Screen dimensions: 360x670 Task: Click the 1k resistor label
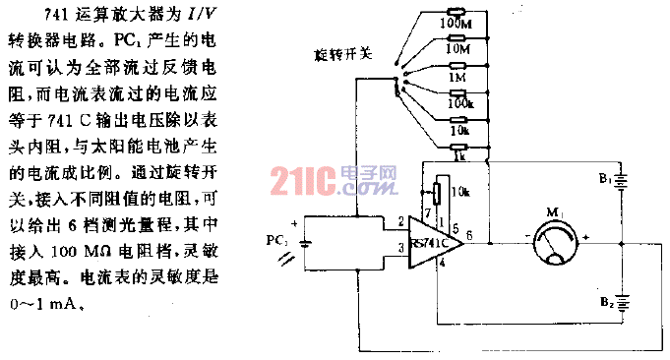coord(459,154)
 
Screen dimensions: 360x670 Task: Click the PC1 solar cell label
coord(278,239)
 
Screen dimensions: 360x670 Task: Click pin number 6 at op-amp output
coord(469,233)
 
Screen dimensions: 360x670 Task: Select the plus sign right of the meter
coord(586,237)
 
